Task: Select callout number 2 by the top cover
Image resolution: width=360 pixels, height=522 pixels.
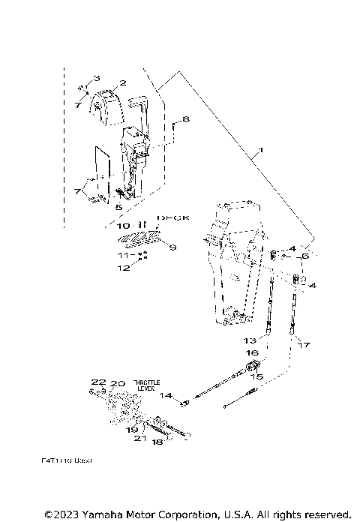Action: point(121,84)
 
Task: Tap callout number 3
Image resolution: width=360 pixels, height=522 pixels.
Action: point(95,78)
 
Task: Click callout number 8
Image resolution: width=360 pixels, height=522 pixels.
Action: point(185,118)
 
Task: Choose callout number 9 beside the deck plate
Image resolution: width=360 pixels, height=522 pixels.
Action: point(172,247)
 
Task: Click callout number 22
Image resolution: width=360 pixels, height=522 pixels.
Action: point(95,383)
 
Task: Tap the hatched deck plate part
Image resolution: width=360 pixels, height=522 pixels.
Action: point(141,238)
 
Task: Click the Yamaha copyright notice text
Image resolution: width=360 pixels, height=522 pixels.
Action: point(197,514)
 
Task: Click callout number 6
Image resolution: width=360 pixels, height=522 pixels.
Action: point(306,256)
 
